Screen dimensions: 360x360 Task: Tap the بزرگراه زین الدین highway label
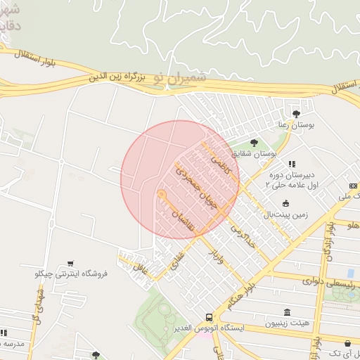coord(121,77)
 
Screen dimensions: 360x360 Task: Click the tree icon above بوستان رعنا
coord(296,112)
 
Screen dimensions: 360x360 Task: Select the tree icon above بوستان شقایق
coord(254,143)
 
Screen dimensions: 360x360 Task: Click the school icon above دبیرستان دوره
coord(292,164)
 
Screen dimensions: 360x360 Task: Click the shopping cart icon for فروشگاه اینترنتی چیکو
coord(70,263)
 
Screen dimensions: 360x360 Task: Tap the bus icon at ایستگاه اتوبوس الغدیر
coord(209,317)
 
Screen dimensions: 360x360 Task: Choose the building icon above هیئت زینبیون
coord(286,312)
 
